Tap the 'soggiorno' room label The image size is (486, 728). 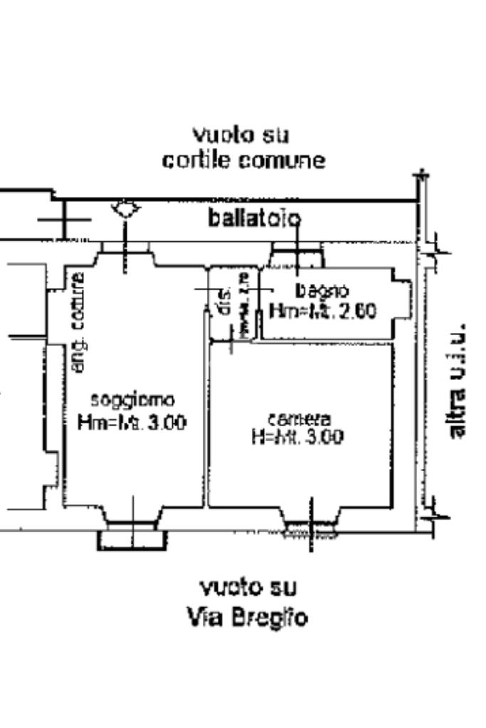pyautogui.click(x=133, y=399)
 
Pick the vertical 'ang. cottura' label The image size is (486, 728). pyautogui.click(x=79, y=322)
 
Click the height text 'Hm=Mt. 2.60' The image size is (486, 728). pyautogui.click(x=322, y=312)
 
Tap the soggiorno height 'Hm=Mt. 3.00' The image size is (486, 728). pyautogui.click(x=133, y=423)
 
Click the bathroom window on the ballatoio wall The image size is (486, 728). pyautogui.click(x=297, y=254)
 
